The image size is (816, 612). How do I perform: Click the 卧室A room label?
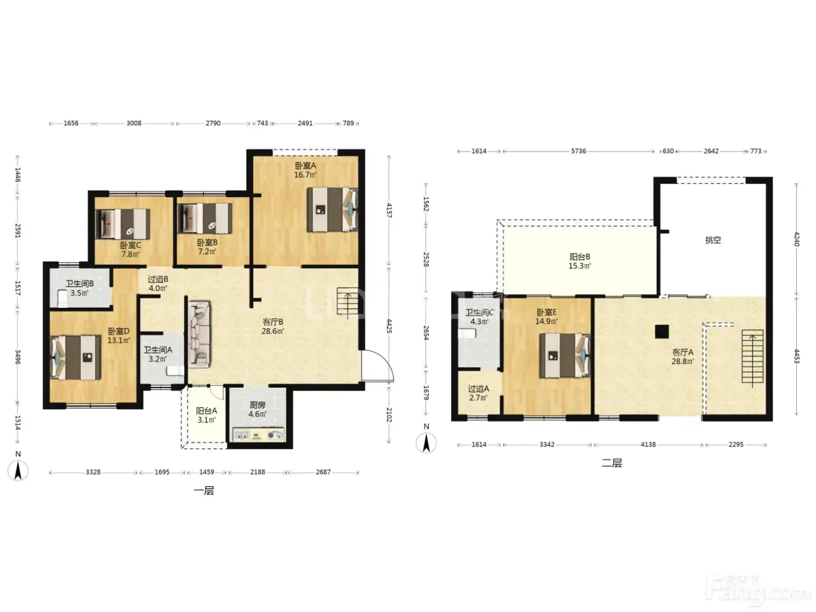click(305, 166)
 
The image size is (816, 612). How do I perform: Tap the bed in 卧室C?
click(122, 224)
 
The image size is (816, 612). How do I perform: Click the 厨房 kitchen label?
click(257, 406)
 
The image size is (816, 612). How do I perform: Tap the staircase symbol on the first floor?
click(348, 301)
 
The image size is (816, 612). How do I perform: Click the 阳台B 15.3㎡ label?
click(579, 261)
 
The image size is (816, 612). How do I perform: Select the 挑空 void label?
click(713, 240)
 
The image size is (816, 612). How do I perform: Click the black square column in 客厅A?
click(662, 332)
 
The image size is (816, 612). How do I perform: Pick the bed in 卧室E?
click(565, 355)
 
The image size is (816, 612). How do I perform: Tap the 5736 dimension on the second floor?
click(578, 151)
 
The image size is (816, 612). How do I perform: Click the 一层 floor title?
click(204, 491)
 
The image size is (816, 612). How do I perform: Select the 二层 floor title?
click(612, 463)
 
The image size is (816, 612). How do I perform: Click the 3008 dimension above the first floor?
click(134, 123)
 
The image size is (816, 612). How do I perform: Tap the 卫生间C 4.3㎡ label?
click(480, 317)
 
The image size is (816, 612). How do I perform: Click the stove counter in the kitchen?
click(259, 435)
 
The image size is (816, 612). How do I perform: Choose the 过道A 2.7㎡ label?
click(478, 393)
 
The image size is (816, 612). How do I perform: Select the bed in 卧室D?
click(75, 357)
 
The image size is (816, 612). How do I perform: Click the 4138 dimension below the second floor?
click(648, 444)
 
